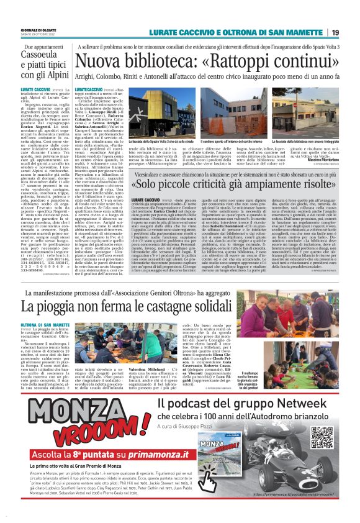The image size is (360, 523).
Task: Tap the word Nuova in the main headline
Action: coord(115,61)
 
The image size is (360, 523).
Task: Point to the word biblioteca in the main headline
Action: coord(185,61)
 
